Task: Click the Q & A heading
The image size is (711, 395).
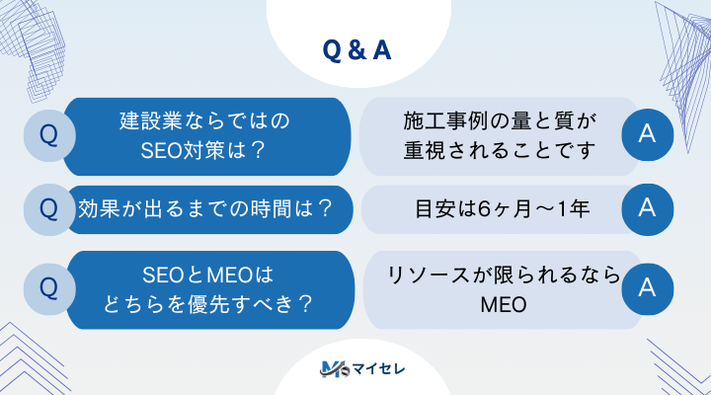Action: click(356, 50)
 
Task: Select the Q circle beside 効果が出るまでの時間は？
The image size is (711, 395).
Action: click(46, 208)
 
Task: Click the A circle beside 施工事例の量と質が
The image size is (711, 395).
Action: click(648, 136)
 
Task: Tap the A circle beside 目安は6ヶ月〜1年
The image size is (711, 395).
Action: click(648, 208)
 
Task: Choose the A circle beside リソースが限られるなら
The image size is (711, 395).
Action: click(648, 287)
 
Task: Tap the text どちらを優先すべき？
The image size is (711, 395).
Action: click(208, 303)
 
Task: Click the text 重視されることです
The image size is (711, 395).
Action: click(501, 151)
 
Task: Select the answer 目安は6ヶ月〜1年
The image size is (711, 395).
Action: click(501, 209)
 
